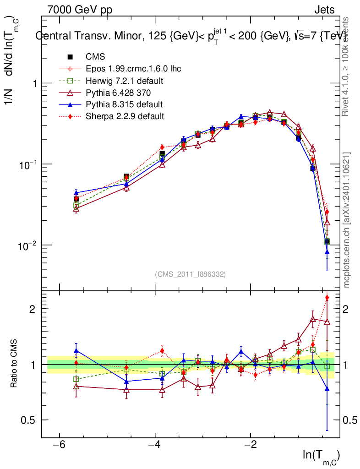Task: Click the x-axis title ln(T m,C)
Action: click(321, 456)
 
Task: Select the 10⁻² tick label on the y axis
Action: click(27, 245)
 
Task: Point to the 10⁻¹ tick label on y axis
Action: click(27, 165)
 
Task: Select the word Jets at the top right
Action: click(324, 10)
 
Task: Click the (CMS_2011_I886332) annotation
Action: click(190, 274)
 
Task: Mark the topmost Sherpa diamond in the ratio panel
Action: click(327, 298)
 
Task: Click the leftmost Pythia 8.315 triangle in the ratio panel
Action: click(76, 351)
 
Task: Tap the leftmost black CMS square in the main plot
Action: click(76, 199)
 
